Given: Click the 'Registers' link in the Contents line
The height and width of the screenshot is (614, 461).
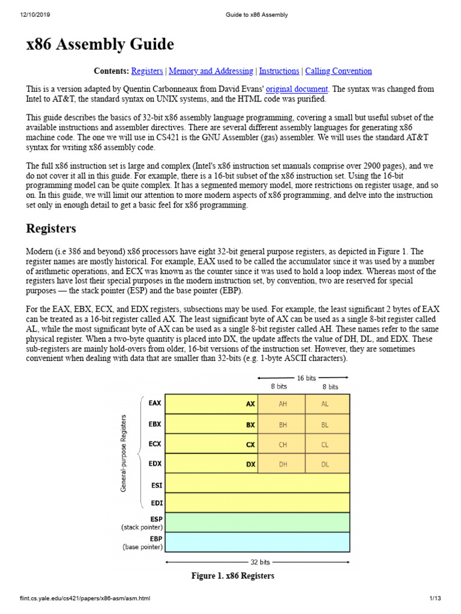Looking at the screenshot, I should (x=146, y=71).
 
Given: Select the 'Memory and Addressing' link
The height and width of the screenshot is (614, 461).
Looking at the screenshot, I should (x=211, y=71).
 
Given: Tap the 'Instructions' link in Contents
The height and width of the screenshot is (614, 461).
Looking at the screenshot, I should (x=279, y=71).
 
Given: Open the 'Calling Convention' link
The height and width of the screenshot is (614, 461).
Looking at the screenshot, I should (x=338, y=71).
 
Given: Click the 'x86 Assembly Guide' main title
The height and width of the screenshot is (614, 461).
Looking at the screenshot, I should (x=100, y=44).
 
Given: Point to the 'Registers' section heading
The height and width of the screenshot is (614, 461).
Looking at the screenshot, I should (x=51, y=228).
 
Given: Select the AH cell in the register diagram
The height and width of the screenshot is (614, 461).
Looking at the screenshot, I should (x=282, y=404).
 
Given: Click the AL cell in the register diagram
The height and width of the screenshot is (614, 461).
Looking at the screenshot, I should (x=325, y=404).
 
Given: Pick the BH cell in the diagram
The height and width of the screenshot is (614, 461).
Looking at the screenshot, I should (x=282, y=425).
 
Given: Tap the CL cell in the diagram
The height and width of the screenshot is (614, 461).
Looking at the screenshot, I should (x=325, y=444).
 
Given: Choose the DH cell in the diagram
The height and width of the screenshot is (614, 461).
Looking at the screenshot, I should (x=282, y=464).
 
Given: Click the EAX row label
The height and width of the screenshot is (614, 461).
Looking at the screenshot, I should (x=154, y=404).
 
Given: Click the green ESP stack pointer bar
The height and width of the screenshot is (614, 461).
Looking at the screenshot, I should (x=257, y=522).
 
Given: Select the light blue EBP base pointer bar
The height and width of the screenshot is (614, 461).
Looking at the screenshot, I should (x=257, y=542).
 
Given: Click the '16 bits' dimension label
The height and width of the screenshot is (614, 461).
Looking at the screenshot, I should (x=307, y=377).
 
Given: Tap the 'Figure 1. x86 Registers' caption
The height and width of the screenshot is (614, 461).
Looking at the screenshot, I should (x=232, y=576).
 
